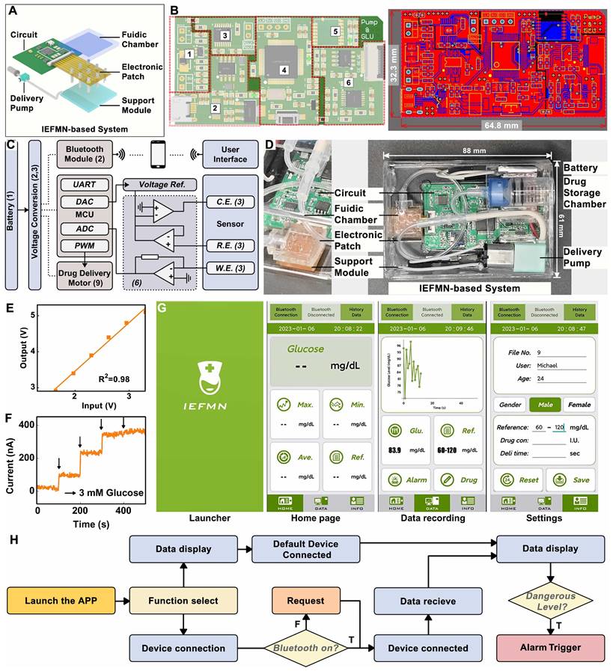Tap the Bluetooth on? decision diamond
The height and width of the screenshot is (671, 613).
click(x=303, y=648)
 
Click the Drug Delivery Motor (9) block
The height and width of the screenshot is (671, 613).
click(x=84, y=274)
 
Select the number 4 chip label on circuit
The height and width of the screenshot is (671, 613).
click(x=284, y=70)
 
